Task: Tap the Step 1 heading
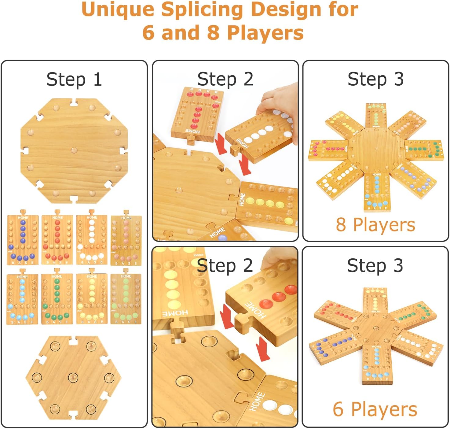point(74,80)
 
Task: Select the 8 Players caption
point(375,225)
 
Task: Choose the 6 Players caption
point(375,409)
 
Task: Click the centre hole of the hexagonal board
point(73,378)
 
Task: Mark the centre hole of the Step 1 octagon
point(74,150)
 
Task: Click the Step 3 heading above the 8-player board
point(375,79)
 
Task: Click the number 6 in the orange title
point(148,33)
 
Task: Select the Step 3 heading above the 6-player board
point(375,265)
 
